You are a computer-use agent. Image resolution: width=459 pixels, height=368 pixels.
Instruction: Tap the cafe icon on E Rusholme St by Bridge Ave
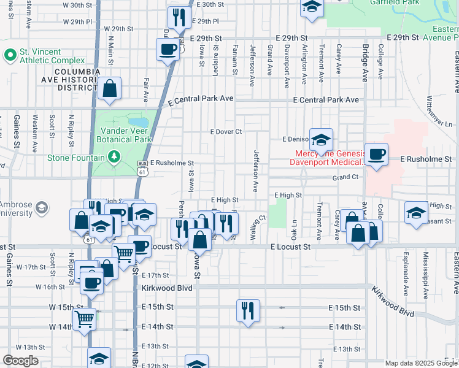click(376, 154)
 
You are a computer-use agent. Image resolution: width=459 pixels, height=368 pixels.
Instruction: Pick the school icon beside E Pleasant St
click(416, 213)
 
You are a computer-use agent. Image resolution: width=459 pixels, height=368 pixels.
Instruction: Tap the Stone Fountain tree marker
click(114, 158)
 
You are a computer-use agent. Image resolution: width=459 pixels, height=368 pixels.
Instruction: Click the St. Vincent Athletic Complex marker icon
click(10, 56)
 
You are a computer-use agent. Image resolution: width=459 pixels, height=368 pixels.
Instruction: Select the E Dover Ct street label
click(226, 132)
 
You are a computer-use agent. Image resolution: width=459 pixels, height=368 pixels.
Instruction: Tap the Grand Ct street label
click(345, 177)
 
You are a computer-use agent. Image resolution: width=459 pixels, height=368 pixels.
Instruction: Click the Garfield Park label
click(394, 2)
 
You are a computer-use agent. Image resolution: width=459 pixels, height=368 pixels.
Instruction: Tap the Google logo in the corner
click(20, 361)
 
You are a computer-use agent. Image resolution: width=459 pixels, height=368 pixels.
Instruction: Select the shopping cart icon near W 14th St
click(84, 318)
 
